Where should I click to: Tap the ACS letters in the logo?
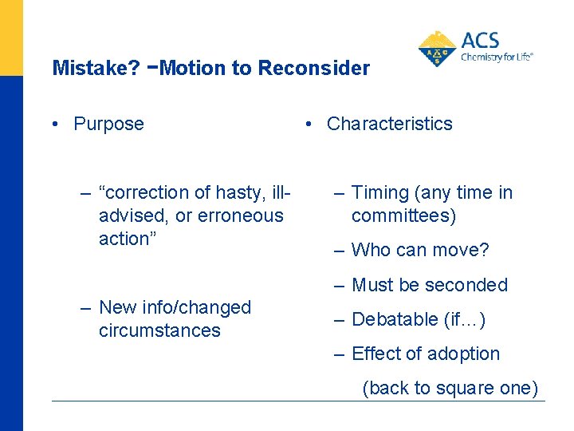(x=482, y=41)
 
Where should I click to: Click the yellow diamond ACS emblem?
(x=437, y=49)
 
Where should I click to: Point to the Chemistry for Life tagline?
(x=497, y=57)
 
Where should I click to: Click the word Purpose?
(x=108, y=124)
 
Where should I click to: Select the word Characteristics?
(x=389, y=124)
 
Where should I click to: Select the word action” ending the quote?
(x=125, y=239)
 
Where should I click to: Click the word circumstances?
(x=159, y=330)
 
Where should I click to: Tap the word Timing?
(x=379, y=192)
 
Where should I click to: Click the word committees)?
(x=403, y=215)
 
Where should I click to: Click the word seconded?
(x=469, y=285)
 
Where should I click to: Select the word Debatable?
(x=394, y=319)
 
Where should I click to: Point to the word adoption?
(x=463, y=354)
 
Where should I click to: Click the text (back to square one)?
(x=450, y=388)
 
